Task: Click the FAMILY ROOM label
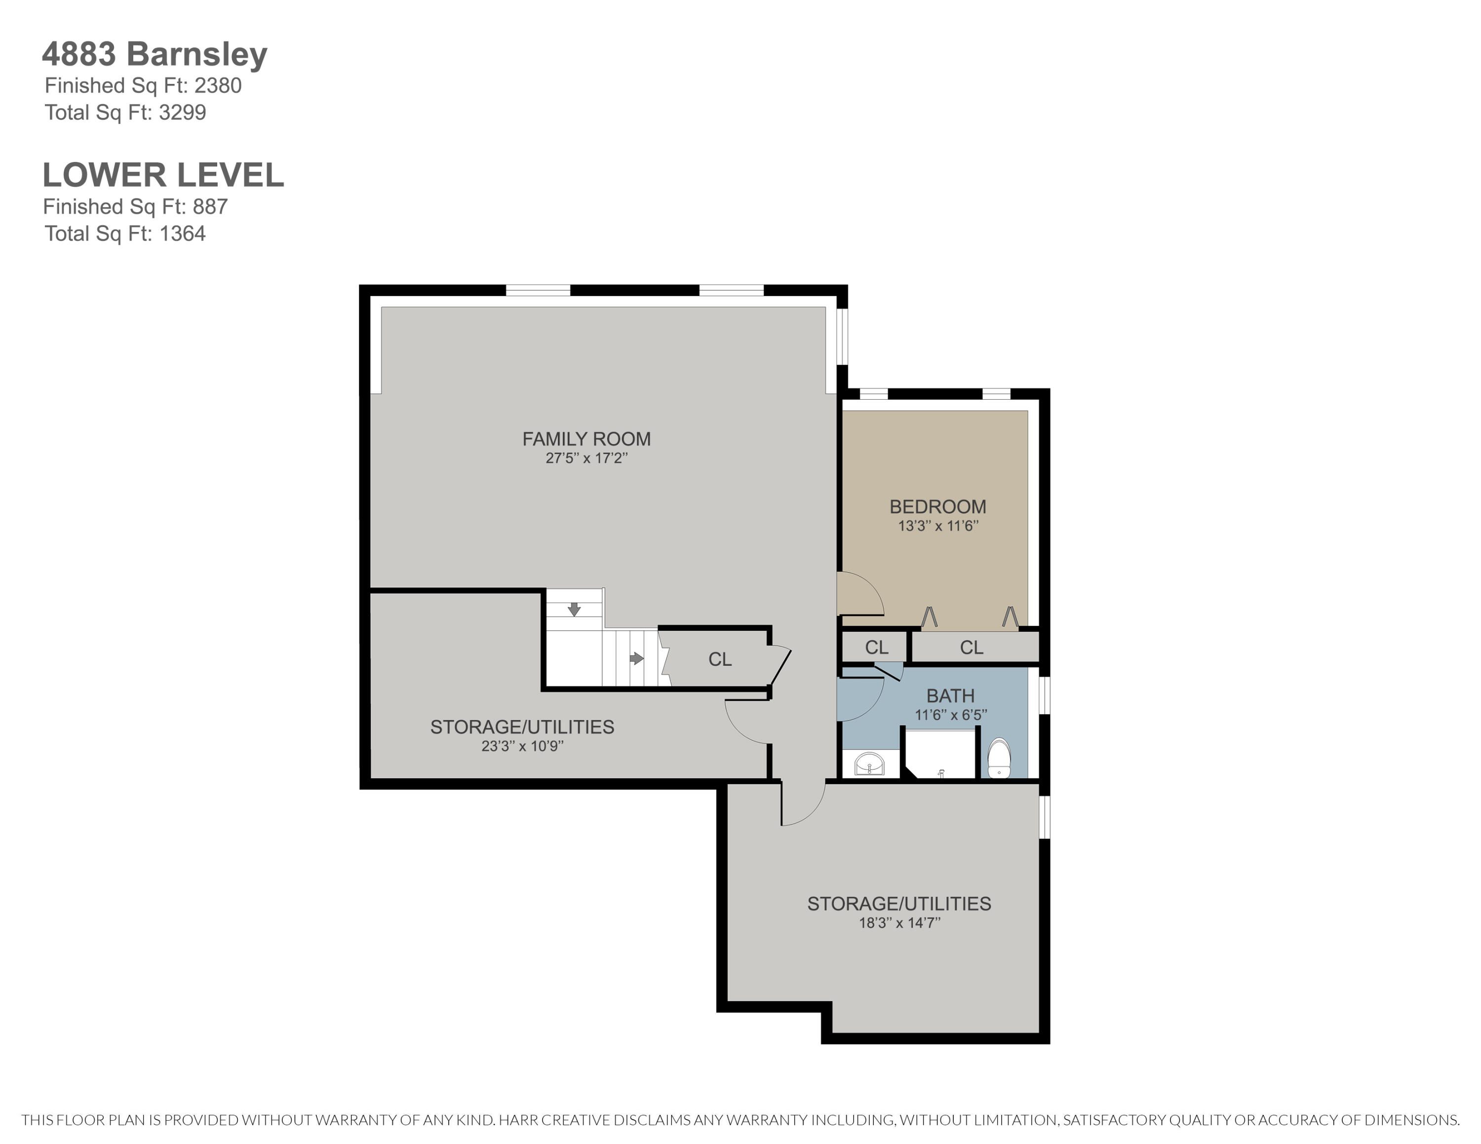[586, 439]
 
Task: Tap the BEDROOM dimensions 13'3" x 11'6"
[938, 526]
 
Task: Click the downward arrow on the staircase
[574, 610]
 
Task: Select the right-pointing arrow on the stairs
[636, 658]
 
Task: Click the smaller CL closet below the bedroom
[876, 647]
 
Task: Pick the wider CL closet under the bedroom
[971, 647]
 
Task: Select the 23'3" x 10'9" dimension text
[522, 746]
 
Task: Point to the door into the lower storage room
[804, 806]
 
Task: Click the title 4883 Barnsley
[155, 54]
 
